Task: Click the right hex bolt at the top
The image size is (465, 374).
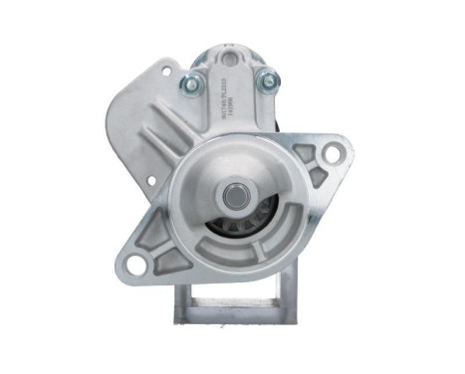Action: [x=266, y=82]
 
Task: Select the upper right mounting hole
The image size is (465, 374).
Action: [x=333, y=152]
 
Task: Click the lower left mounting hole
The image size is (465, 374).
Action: [x=135, y=265]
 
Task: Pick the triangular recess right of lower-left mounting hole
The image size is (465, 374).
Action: [x=171, y=261]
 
